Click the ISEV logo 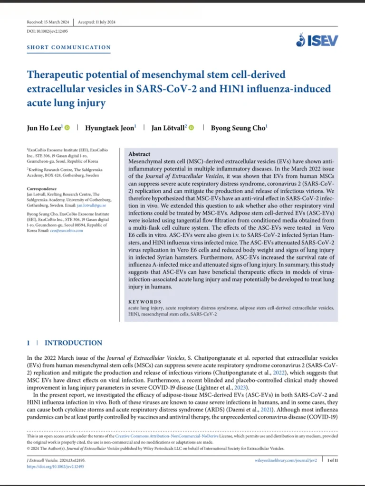pos(317,40)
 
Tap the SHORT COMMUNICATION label pos(69,47)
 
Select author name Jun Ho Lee pos(44,127)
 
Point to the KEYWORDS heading pos(145,301)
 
